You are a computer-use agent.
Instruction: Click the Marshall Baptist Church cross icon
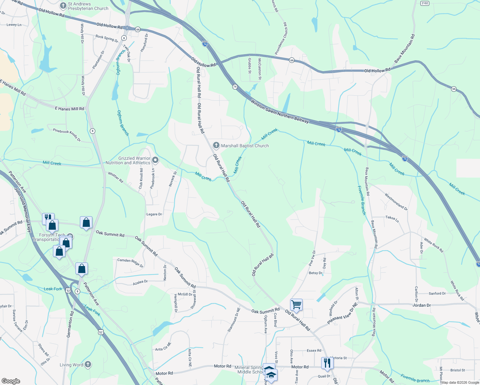(x=216, y=145)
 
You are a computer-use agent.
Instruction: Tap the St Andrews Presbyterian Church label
(x=88, y=6)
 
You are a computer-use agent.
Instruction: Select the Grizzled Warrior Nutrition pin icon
(x=155, y=160)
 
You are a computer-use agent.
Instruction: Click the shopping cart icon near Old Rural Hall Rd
(x=296, y=305)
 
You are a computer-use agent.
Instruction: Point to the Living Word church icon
(x=88, y=364)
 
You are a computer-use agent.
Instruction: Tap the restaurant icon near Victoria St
(x=327, y=363)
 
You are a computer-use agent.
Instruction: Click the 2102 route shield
(x=424, y=3)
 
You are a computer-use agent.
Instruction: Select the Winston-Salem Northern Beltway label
(x=279, y=112)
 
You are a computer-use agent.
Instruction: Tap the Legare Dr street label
(x=154, y=214)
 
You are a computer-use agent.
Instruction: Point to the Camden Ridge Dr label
(x=130, y=262)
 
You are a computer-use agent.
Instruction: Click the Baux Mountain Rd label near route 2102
(x=404, y=48)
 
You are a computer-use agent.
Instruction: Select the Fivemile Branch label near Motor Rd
(x=415, y=378)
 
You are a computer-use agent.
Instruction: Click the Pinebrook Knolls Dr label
(x=67, y=135)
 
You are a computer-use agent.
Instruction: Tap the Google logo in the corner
(x=11, y=381)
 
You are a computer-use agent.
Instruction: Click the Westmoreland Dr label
(x=396, y=201)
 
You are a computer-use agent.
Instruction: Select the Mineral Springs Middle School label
(x=249, y=370)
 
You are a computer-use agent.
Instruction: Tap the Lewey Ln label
(x=14, y=25)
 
